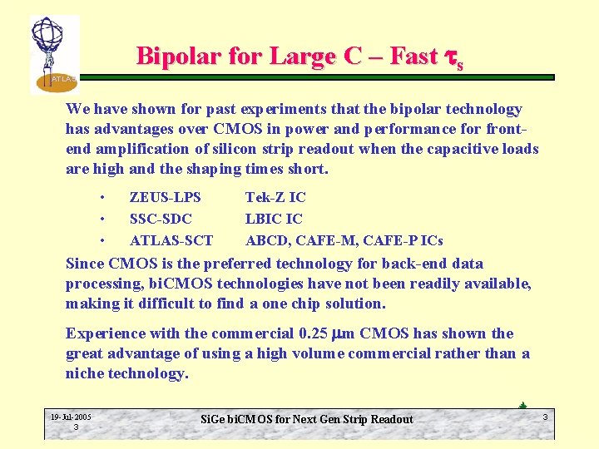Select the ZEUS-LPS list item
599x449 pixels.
pos(165,197)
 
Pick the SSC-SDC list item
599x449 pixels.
pos(161,219)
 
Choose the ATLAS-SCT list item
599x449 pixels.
pos(171,240)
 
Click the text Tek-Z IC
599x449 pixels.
pos(275,197)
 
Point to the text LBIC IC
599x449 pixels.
pos(274,219)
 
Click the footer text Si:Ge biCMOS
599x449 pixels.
pos(241,419)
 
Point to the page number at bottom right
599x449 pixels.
pos(545,416)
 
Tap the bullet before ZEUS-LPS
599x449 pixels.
pos(101,197)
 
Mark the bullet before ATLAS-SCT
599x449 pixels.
pos(101,240)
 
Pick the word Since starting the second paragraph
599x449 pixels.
pos(85,264)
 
